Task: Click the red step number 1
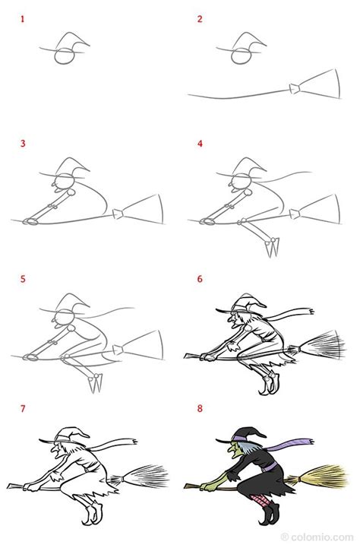22,19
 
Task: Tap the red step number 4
200,144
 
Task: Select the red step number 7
23,408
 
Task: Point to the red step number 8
200,408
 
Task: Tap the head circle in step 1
65,56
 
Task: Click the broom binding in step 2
295,89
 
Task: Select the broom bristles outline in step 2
320,84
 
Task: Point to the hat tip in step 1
89,46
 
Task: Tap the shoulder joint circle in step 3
71,192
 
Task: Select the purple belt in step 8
269,467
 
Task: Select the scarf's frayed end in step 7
133,442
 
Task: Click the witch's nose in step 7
52,447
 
